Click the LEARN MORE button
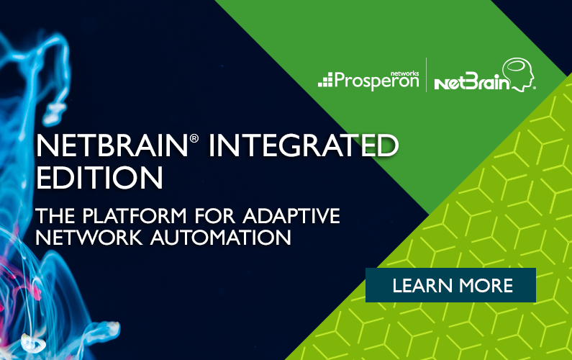(x=450, y=285)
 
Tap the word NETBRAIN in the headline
(x=112, y=145)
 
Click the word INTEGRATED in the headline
(x=303, y=145)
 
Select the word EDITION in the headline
(x=99, y=177)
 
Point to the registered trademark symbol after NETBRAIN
(x=194, y=138)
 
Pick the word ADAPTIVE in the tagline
(x=291, y=215)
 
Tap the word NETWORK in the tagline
(x=89, y=238)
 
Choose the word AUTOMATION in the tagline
(x=220, y=238)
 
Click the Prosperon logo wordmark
(x=376, y=81)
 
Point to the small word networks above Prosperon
(x=404, y=73)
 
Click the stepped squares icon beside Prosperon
(x=325, y=80)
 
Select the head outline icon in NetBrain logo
(x=519, y=75)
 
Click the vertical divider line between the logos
(x=427, y=75)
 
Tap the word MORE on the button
(x=486, y=286)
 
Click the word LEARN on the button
(x=422, y=286)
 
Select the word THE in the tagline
(x=56, y=215)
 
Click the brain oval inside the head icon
(x=516, y=66)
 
